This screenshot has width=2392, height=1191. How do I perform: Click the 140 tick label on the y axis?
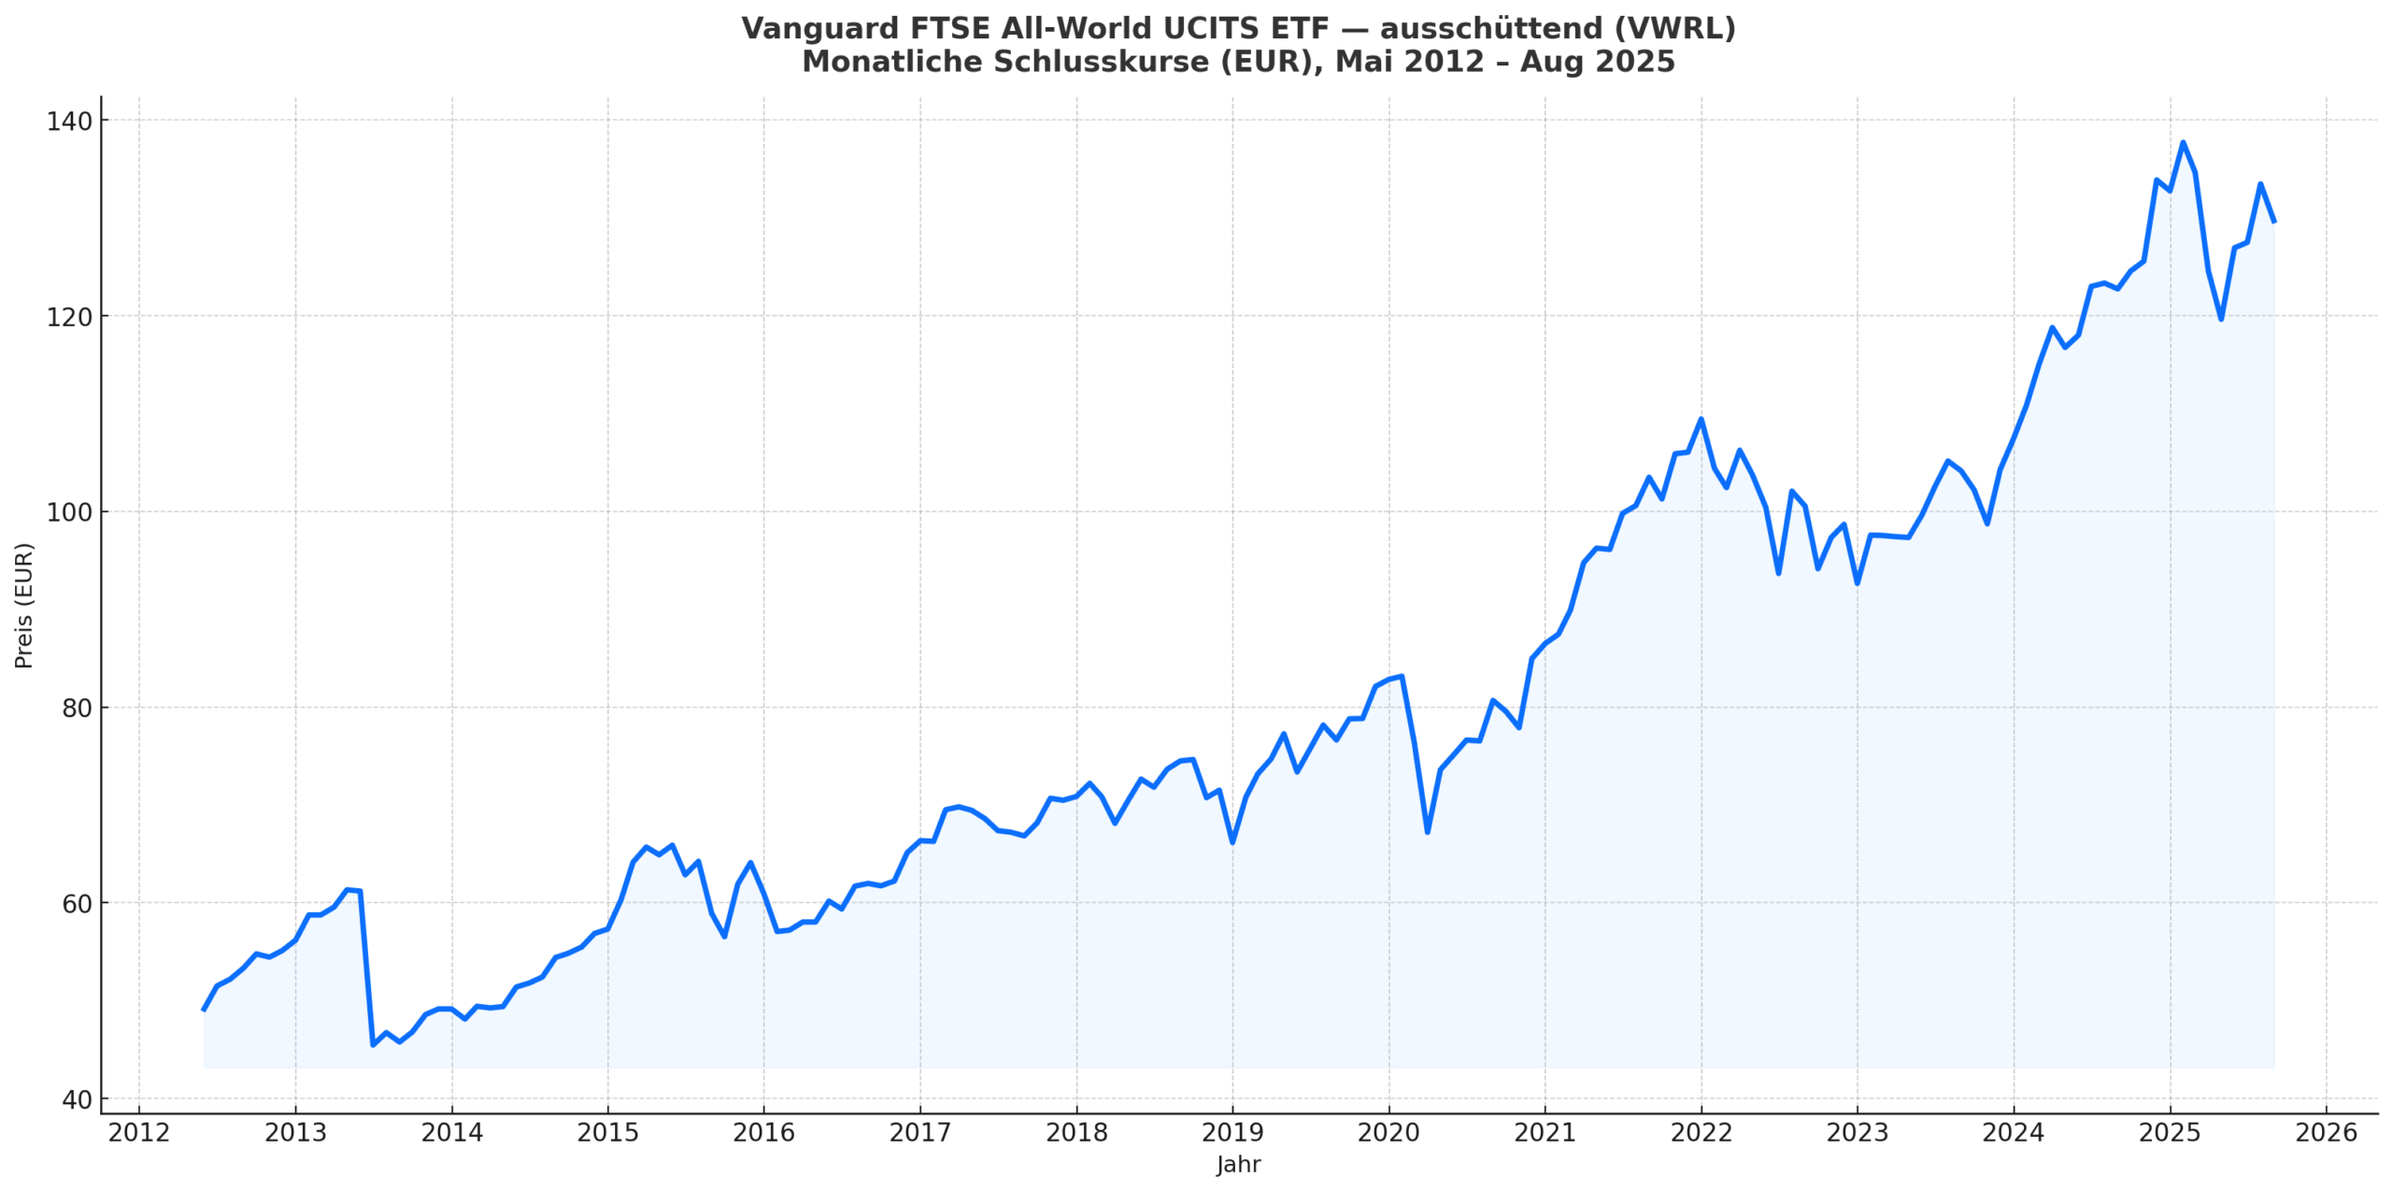click(x=69, y=122)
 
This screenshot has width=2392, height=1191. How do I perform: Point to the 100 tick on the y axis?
click(x=69, y=512)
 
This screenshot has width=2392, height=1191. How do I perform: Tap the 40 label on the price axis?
click(x=77, y=1100)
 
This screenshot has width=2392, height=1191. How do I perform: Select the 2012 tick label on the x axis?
click(x=139, y=1133)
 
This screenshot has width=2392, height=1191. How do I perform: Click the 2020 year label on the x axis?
click(x=1388, y=1133)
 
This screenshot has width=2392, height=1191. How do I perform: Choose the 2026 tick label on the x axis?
click(x=2327, y=1133)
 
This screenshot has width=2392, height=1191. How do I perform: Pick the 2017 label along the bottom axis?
click(x=919, y=1133)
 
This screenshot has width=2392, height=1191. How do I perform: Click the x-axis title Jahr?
click(x=1238, y=1165)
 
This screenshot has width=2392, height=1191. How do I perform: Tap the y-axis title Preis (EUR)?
click(x=24, y=605)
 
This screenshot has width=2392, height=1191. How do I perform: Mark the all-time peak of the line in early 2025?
click(x=2183, y=142)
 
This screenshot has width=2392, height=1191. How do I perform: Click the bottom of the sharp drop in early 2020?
click(x=1428, y=832)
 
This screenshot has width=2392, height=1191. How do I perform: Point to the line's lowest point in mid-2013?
click(x=373, y=1044)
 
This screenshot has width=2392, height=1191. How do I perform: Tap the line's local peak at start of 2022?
click(x=1701, y=419)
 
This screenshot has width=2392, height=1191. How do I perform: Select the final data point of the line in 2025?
click(x=2274, y=222)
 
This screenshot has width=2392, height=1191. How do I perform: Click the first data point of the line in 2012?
click(x=204, y=1011)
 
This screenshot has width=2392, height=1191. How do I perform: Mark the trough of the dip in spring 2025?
click(x=2221, y=320)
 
